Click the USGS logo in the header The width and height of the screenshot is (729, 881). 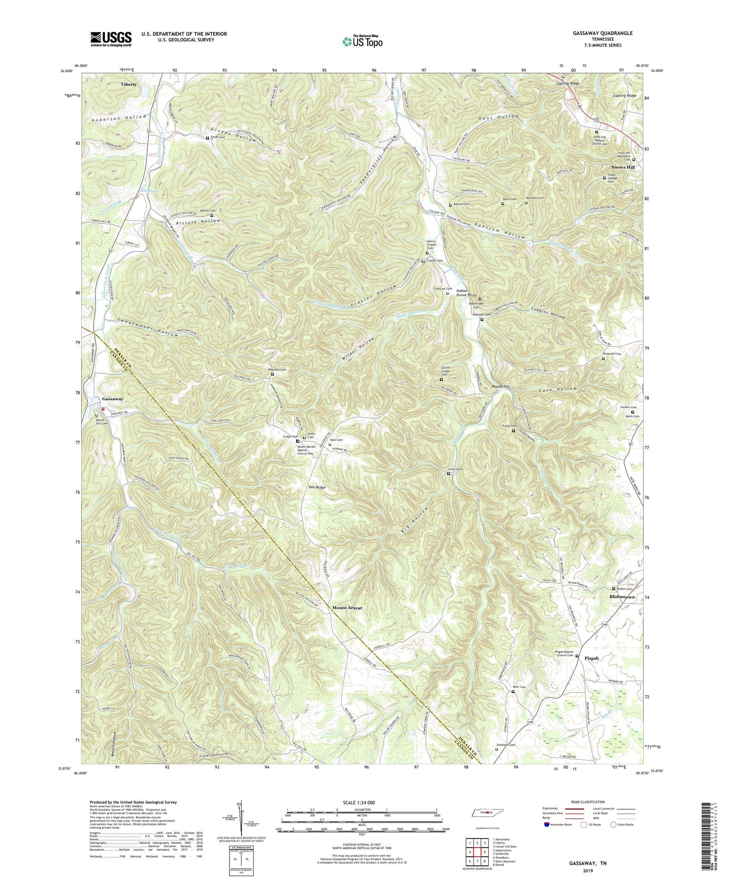point(111,38)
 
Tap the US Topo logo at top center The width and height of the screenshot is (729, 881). point(362,41)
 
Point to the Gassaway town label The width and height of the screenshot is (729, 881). point(113,399)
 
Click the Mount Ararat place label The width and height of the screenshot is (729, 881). point(347,608)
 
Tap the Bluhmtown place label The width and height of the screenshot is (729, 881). point(622,597)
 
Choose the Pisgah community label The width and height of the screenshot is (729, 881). point(592,658)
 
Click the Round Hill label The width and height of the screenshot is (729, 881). point(501,387)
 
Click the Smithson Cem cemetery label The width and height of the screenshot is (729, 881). point(505,745)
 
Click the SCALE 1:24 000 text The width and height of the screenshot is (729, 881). point(361,802)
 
